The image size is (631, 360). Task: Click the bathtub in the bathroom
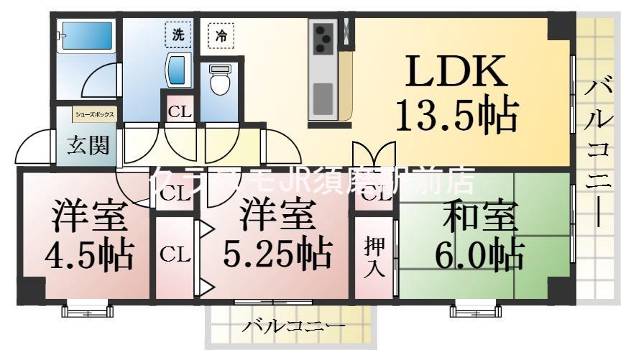click(86, 35)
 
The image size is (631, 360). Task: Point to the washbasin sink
click(175, 70)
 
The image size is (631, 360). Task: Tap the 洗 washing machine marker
click(176, 33)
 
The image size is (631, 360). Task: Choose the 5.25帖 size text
click(277, 253)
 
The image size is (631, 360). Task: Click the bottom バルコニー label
click(293, 326)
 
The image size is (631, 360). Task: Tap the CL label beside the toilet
click(179, 112)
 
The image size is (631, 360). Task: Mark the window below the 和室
click(474, 310)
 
